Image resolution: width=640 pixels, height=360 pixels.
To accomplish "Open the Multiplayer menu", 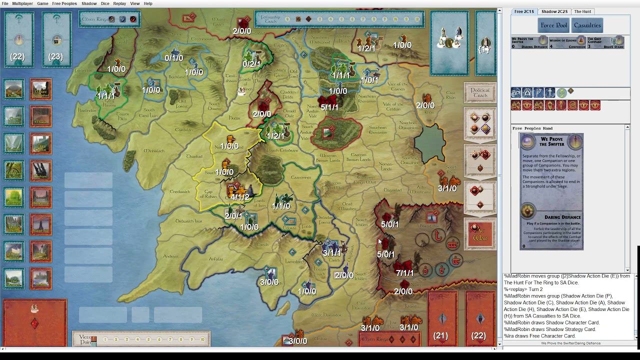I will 22,3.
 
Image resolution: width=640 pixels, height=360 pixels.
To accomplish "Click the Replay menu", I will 119,3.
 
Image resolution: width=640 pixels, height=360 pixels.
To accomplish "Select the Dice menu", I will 105,3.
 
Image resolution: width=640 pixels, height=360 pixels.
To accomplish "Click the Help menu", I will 148,3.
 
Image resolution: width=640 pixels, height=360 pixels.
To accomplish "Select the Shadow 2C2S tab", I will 554,11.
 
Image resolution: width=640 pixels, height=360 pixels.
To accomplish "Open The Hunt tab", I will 582,11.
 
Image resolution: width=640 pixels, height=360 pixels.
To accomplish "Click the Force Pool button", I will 554,25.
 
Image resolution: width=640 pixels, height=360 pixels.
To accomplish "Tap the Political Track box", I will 480,93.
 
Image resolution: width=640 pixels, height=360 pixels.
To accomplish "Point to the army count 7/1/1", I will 404,273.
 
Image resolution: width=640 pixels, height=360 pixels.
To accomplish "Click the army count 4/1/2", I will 240,197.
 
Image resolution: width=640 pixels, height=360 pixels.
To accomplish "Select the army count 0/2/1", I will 251,64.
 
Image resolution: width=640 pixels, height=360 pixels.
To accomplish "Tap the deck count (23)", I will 55,57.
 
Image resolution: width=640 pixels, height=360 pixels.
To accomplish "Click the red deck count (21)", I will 440,335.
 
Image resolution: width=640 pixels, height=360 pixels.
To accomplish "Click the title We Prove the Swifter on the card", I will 551,141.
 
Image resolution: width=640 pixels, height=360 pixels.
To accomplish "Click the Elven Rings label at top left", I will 95,19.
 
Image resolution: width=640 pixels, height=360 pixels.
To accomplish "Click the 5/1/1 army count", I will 329,107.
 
